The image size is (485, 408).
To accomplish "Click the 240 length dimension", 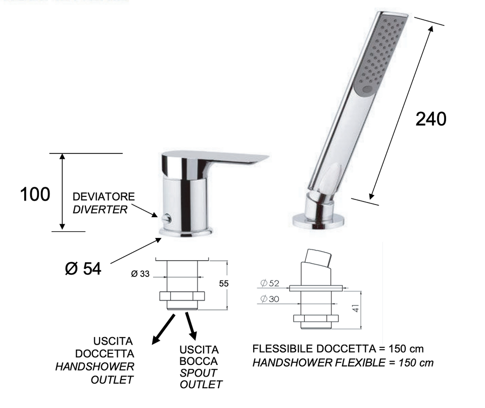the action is coord(431,119).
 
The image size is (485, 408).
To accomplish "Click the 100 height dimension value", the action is coord(35,194).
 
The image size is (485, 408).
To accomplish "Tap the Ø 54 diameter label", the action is coord(83,268).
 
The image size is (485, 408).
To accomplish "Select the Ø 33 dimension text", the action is coord(140,274).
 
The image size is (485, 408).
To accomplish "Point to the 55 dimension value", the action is coord(224,283).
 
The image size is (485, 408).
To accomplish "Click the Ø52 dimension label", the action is coord(270,283).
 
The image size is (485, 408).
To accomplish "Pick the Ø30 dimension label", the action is coord(270,299).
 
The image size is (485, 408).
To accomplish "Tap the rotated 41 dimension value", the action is coord(356,308).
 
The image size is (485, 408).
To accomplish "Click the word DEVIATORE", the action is coord(104,196).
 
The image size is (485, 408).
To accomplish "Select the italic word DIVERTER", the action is coord(100,210).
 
